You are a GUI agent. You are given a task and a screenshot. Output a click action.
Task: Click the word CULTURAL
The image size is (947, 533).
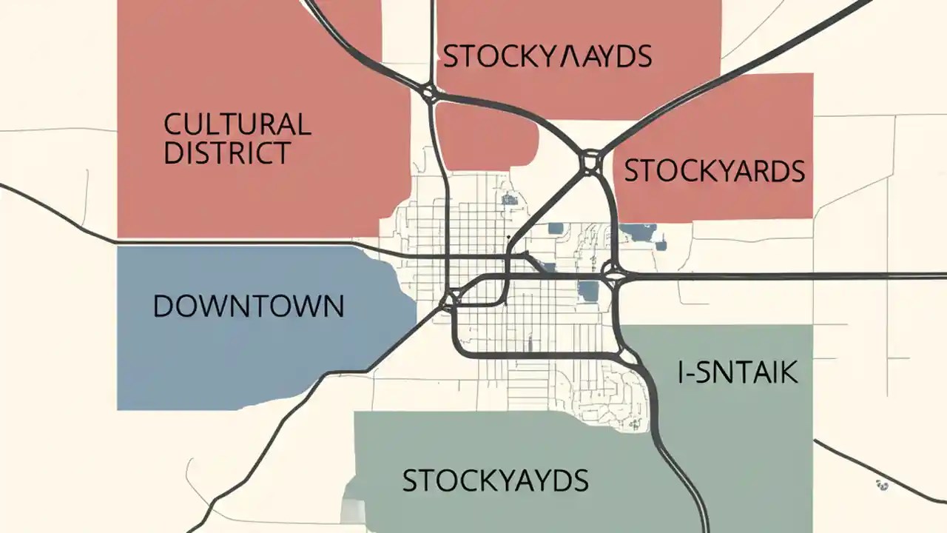237,124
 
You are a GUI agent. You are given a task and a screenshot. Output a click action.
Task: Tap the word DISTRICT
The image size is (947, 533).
226,152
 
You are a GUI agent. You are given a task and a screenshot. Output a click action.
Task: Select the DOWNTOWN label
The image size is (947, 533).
249,306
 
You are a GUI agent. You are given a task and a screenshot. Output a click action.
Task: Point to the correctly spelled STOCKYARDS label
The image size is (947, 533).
714,171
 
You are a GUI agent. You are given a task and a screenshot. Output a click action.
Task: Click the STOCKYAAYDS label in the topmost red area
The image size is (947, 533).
547,56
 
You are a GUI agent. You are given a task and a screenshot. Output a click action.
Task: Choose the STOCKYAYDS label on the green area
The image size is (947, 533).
495,481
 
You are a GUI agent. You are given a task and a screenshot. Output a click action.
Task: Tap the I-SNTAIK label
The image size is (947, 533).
738,373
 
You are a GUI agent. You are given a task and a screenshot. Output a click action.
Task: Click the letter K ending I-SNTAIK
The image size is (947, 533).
789,373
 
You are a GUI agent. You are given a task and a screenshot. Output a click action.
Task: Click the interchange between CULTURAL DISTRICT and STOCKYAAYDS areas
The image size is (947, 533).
428,93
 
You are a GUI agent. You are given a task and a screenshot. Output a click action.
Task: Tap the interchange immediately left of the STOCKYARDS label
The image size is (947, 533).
590,161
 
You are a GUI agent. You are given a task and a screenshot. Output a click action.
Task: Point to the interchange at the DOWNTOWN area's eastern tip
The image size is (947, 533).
448,300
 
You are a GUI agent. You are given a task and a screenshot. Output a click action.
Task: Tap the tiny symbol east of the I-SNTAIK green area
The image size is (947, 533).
880,485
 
